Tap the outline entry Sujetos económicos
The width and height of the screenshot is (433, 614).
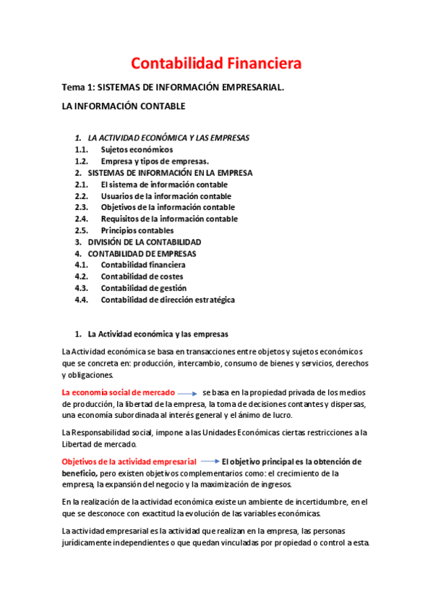click(x=137, y=149)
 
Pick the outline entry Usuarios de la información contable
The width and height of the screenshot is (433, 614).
click(x=166, y=195)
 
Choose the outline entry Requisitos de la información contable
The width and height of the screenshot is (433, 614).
click(x=168, y=219)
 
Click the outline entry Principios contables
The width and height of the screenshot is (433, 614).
click(x=137, y=230)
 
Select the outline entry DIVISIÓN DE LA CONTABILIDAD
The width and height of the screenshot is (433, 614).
click(x=145, y=242)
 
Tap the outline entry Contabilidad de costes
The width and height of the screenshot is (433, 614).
click(x=142, y=277)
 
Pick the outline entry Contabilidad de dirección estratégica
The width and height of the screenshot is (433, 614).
click(x=168, y=300)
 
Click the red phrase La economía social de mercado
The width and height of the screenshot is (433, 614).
click(x=118, y=392)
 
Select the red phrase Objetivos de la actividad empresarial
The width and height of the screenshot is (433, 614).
click(x=129, y=461)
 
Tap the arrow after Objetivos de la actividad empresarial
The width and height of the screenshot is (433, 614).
click(x=210, y=461)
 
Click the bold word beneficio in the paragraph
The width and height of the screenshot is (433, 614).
click(x=79, y=473)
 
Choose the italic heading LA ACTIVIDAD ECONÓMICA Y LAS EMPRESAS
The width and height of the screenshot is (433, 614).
click(x=168, y=138)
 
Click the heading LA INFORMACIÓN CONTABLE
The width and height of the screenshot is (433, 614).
click(x=124, y=106)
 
